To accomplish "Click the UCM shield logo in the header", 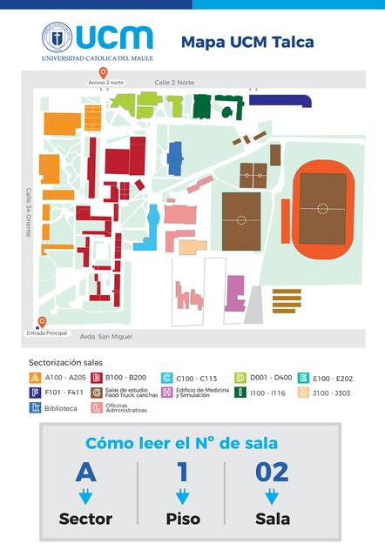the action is (x=57, y=37).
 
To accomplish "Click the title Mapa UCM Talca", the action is (x=247, y=41).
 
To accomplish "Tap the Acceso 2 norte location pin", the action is (x=104, y=73).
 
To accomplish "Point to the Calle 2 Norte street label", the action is (x=174, y=82).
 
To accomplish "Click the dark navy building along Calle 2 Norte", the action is (x=279, y=101).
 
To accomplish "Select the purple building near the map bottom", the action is (x=235, y=292).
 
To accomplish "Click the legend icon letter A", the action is (x=35, y=378).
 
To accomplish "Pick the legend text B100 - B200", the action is (x=125, y=378).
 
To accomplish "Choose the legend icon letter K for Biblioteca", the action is (x=35, y=407).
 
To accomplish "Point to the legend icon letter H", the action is (x=166, y=393).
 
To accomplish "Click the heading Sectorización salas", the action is (x=66, y=361).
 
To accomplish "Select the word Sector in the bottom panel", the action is (x=85, y=519).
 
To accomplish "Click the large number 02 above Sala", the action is (x=272, y=472).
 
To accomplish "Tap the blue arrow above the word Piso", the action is (x=183, y=497).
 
